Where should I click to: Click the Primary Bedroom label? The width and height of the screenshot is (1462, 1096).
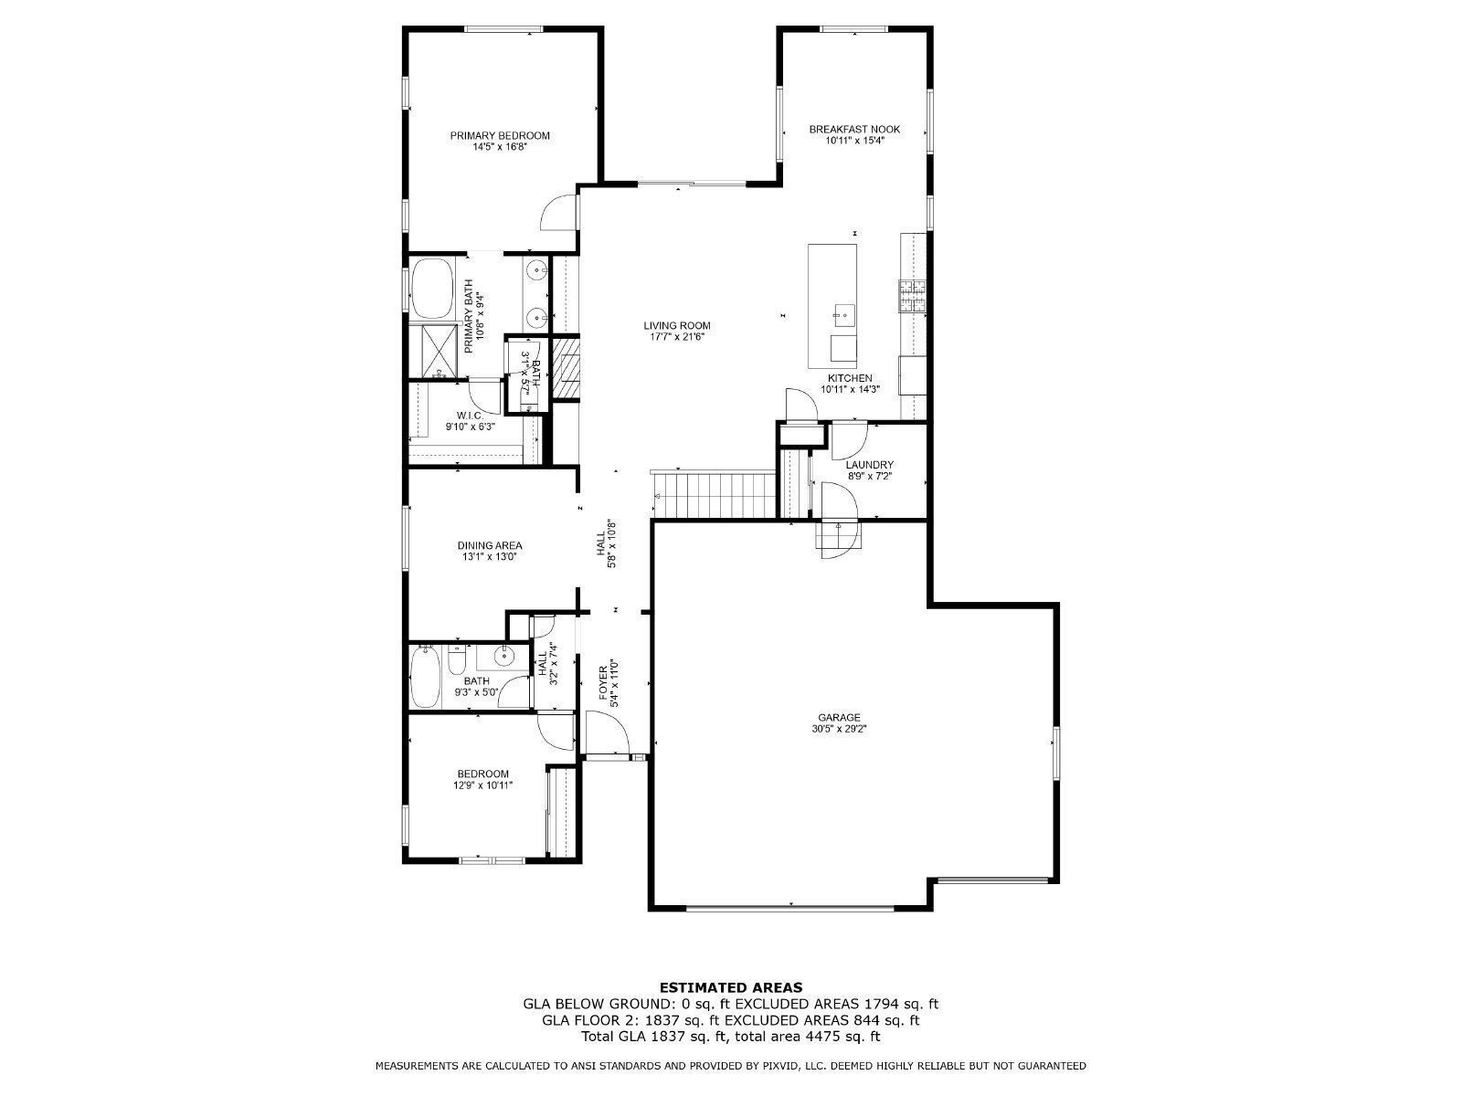[500, 135]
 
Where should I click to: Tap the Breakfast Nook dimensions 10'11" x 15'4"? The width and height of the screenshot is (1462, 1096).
[854, 141]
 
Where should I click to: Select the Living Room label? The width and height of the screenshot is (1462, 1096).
[676, 325]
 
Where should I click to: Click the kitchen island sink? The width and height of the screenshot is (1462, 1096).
[842, 316]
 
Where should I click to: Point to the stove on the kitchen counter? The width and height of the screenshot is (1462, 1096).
[911, 295]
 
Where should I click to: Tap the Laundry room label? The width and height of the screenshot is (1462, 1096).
[869, 464]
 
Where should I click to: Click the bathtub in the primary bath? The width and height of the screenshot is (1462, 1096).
[434, 288]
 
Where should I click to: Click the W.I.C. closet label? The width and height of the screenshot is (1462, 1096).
[470, 415]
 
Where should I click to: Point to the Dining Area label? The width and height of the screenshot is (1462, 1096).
[490, 545]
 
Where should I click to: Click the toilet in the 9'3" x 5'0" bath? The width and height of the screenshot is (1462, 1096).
[458, 659]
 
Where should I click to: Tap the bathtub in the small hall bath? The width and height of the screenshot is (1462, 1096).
[425, 677]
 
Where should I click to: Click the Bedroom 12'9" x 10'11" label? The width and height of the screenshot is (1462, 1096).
[483, 773]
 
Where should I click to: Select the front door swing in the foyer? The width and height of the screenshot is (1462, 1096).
[608, 732]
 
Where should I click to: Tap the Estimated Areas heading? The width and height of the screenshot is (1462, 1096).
[731, 986]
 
